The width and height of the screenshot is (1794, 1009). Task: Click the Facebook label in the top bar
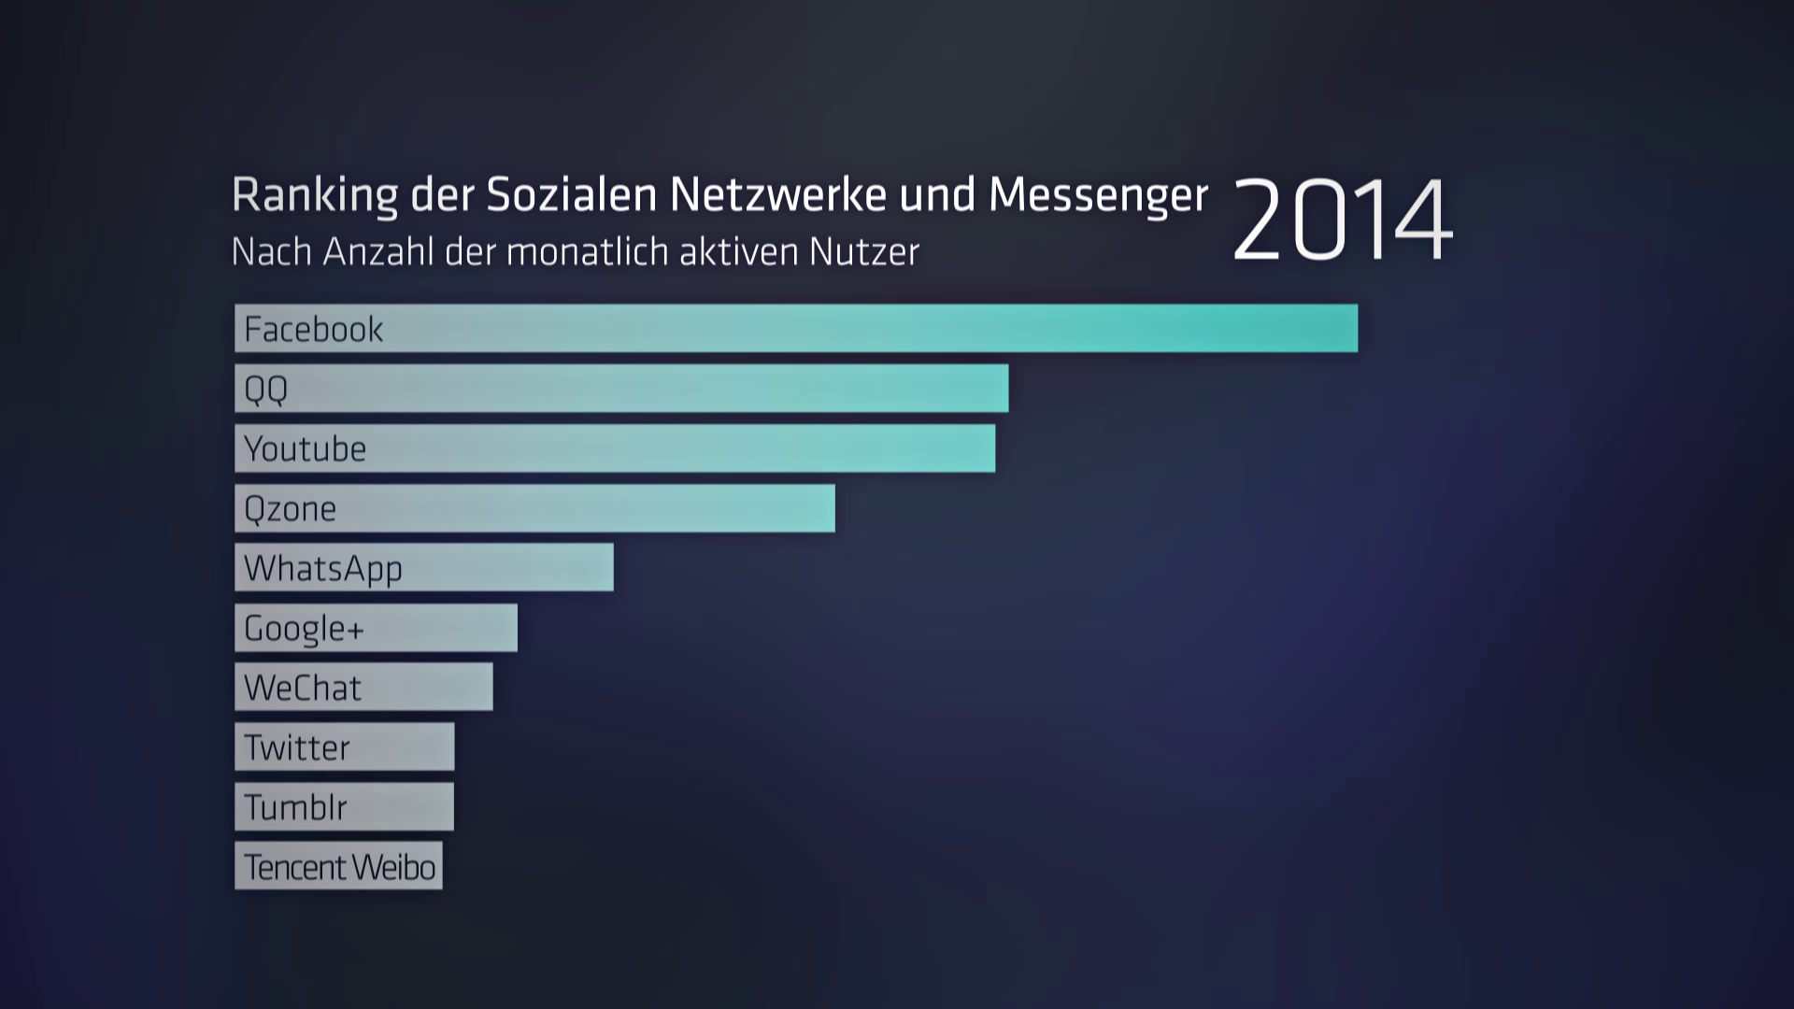pyautogui.click(x=313, y=329)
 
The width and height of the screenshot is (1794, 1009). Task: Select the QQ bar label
pyautogui.click(x=266, y=389)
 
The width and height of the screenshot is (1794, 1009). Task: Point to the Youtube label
pyautogui.click(x=305, y=448)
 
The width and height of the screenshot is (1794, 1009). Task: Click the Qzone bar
pyautogui.click(x=534, y=508)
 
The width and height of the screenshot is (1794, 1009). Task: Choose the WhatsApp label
pyautogui.click(x=323, y=569)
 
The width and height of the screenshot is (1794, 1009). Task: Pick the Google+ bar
pyautogui.click(x=376, y=628)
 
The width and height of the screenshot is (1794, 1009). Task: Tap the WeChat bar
pyautogui.click(x=363, y=688)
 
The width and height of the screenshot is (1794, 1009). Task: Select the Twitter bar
pyautogui.click(x=344, y=747)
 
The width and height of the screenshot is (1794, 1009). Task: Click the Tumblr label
pyautogui.click(x=295, y=807)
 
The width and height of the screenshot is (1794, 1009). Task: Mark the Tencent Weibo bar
pyautogui.click(x=338, y=867)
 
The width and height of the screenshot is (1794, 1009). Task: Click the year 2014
pyautogui.click(x=1342, y=221)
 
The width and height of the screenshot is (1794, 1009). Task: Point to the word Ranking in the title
pyautogui.click(x=315, y=195)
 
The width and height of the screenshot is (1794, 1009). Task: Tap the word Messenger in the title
pyautogui.click(x=1098, y=195)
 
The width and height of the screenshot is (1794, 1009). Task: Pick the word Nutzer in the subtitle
pyautogui.click(x=864, y=251)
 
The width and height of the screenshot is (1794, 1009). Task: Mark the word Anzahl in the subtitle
pyautogui.click(x=378, y=251)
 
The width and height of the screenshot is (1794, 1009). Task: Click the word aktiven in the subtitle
pyautogui.click(x=739, y=251)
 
